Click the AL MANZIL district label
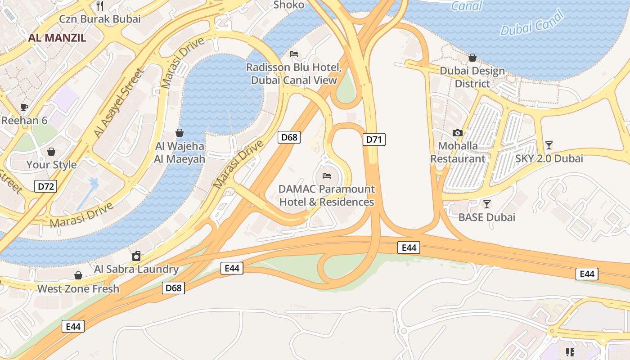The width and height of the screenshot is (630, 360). click(57, 37)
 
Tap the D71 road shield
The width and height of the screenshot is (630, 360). click(374, 139)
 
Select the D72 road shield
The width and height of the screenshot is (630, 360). click(46, 186)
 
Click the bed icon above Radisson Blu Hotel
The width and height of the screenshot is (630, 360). click(294, 54)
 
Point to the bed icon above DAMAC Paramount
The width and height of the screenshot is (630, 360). click(327, 175)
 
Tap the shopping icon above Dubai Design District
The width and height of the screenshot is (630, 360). click(472, 58)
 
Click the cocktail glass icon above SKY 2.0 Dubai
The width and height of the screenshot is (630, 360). click(549, 145)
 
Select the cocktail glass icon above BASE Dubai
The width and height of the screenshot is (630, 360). click(486, 204)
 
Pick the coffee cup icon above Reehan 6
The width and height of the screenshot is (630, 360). click(24, 107)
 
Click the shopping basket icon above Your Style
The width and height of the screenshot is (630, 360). click(51, 152)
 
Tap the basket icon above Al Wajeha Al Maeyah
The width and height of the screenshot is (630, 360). click(180, 133)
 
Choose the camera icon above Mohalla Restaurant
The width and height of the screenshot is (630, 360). click(458, 133)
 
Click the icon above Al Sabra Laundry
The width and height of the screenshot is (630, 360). click(136, 256)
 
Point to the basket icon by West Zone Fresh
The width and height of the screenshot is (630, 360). click(78, 275)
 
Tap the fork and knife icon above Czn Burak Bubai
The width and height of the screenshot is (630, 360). click(100, 6)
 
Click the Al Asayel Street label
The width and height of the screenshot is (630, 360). click(118, 103)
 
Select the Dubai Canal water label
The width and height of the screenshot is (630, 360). click(532, 23)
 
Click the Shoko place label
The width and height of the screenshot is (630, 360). click(289, 5)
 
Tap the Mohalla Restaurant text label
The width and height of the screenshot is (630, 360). click(458, 152)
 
